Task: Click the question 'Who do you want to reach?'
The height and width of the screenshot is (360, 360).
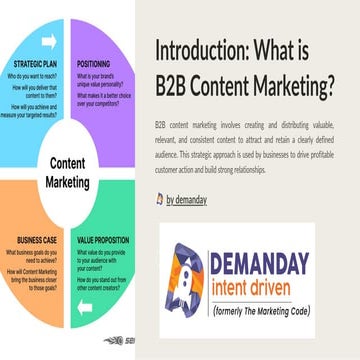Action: [x=38, y=77]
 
